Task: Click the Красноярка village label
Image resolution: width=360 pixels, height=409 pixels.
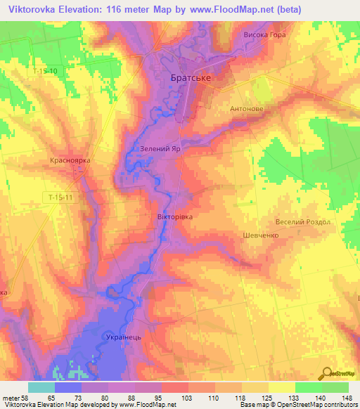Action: coord(70,161)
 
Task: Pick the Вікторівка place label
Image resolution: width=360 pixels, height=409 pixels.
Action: coord(174,217)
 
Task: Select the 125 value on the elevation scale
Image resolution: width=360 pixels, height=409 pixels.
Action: coord(268,398)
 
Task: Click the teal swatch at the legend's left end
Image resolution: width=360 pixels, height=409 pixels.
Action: coord(41,387)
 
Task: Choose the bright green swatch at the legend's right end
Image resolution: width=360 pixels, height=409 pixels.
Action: coord(335,387)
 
